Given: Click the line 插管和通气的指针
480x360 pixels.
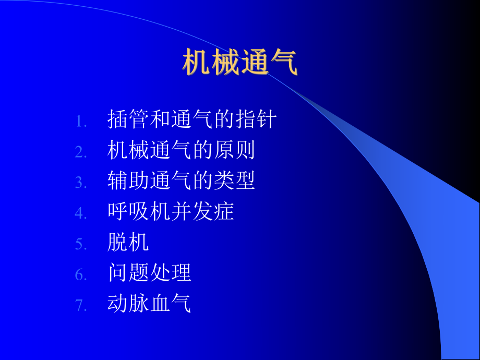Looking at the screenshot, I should coord(191,120).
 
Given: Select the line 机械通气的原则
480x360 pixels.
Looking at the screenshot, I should coord(181,150).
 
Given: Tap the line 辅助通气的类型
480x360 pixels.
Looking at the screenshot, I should coord(181,181).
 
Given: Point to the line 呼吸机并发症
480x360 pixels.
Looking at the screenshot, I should coord(171,211).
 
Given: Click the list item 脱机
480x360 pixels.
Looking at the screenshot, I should coord(128,242).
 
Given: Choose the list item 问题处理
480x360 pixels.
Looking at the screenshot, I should coord(149,272).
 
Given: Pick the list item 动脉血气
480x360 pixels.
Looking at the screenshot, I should coord(149,303).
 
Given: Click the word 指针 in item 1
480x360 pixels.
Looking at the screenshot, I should coord(255,120).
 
